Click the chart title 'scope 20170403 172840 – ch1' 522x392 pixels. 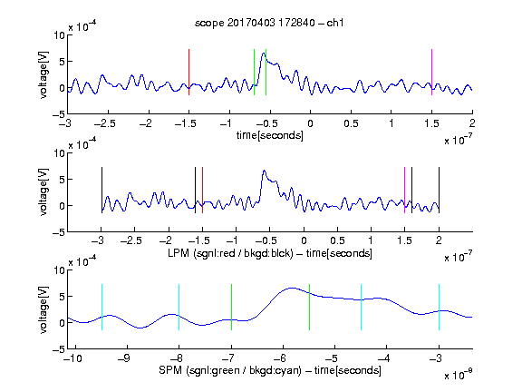coord(269,23)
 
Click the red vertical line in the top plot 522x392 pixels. coord(188,72)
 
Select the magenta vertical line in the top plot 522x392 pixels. coord(431,72)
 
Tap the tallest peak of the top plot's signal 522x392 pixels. coord(264,53)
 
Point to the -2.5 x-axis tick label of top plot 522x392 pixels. coord(105,123)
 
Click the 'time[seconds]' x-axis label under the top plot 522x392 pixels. coord(270,136)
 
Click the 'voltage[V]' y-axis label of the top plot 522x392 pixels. coord(43,74)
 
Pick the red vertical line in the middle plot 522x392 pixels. coord(202,190)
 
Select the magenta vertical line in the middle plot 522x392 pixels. coord(404,190)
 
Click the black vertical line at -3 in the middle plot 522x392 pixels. coord(101,190)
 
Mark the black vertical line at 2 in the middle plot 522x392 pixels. coord(440,190)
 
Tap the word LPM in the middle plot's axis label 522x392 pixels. coord(179,253)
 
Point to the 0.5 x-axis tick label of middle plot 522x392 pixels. coord(337,240)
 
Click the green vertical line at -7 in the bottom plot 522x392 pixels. coord(231,307)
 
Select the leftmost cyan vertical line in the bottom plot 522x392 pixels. coord(101,307)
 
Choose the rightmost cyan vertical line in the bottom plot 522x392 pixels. coord(440,307)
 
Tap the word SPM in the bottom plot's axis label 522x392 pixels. coord(170,370)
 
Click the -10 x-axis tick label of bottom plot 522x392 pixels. coord(72,358)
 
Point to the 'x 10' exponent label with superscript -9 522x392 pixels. coord(459,375)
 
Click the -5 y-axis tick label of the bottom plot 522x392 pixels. coord(58,349)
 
